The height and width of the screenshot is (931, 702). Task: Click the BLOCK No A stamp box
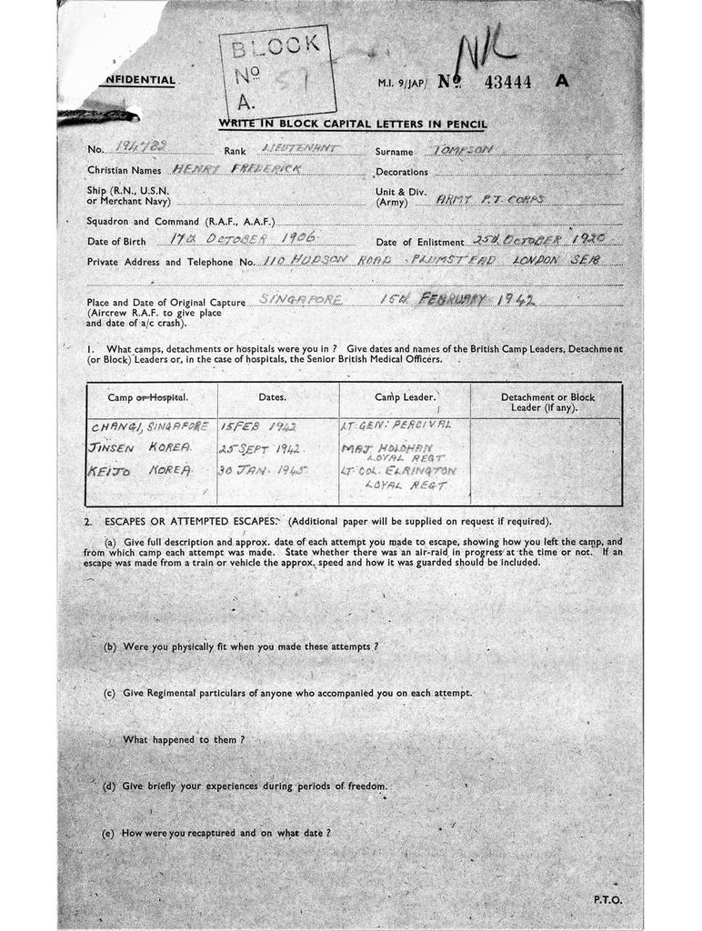(276, 72)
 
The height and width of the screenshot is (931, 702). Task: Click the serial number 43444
(508, 81)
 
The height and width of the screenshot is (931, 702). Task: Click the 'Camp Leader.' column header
(405, 397)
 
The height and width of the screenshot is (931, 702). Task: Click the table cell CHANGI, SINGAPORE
(150, 425)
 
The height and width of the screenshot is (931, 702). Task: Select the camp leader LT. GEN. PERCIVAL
(396, 425)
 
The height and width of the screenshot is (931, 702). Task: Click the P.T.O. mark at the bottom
(607, 899)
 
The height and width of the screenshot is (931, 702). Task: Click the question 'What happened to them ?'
(184, 739)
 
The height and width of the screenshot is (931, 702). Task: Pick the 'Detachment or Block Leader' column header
(546, 403)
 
